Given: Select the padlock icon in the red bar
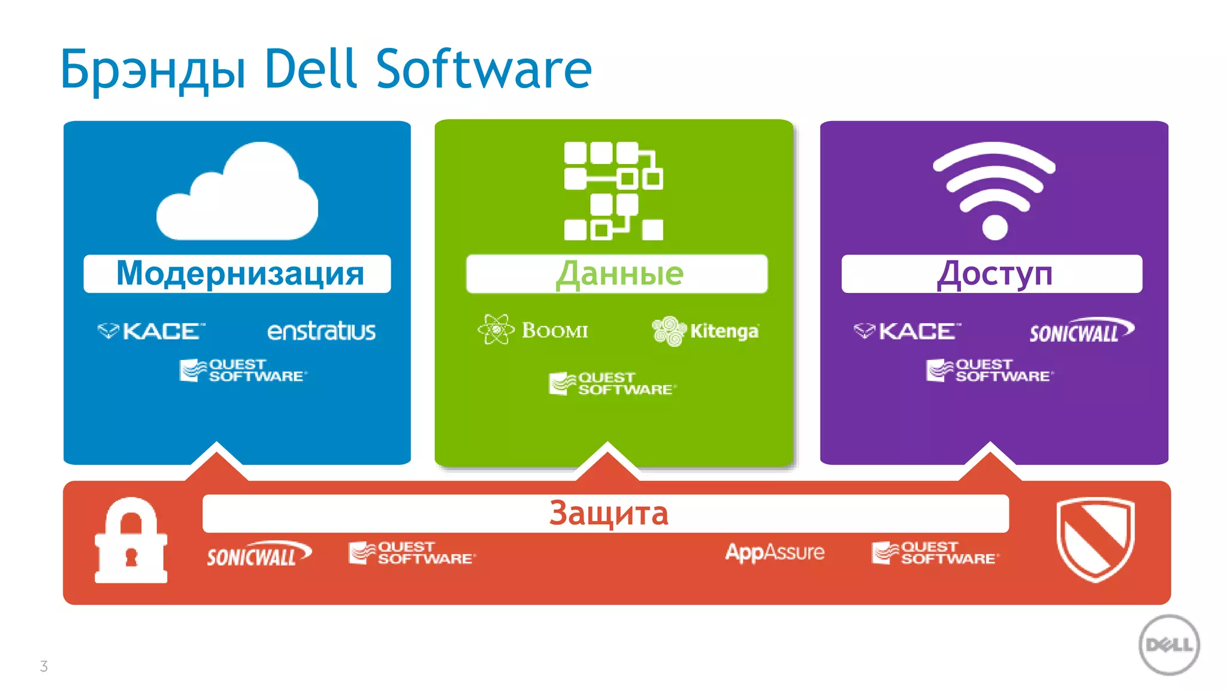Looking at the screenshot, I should pyautogui.click(x=131, y=541).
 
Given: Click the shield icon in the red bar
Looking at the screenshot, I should pyautogui.click(x=1095, y=539).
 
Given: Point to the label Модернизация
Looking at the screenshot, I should pyautogui.click(x=240, y=274).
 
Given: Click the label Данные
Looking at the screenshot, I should pyautogui.click(x=619, y=274).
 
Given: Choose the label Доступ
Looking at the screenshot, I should pyautogui.click(x=994, y=274).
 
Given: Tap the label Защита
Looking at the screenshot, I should pyautogui.click(x=608, y=513).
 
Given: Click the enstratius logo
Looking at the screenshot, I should pyautogui.click(x=321, y=331).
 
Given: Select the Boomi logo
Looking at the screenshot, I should pyautogui.click(x=533, y=329).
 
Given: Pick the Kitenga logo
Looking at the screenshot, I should pyautogui.click(x=705, y=331).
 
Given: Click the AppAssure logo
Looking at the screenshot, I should pyautogui.click(x=775, y=552).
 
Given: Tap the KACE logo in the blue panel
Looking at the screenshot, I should pyautogui.click(x=152, y=331).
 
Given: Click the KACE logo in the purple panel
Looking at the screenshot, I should pyautogui.click(x=908, y=331).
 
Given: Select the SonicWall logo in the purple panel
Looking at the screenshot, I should pyautogui.click(x=1081, y=331).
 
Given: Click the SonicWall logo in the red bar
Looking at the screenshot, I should pyautogui.click(x=259, y=554).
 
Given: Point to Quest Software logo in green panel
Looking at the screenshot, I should pyautogui.click(x=612, y=383).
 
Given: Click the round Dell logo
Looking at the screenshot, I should pyautogui.click(x=1169, y=645).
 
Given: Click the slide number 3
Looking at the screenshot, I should pyautogui.click(x=44, y=666).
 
